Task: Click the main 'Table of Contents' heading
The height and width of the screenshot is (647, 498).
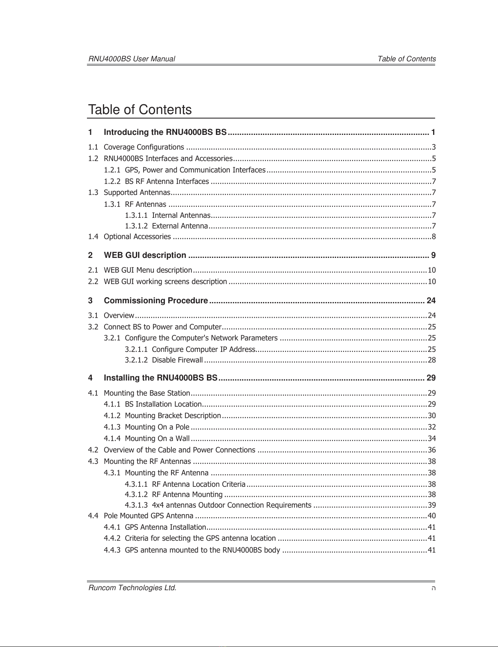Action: tap(140, 110)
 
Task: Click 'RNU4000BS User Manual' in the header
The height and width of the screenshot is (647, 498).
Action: tap(132, 59)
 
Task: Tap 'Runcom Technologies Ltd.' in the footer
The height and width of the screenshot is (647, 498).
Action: tap(133, 588)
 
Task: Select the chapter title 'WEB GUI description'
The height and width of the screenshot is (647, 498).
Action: tap(145, 255)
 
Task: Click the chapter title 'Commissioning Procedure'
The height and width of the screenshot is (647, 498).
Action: tap(156, 301)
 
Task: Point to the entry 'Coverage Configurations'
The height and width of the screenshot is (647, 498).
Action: tap(144, 147)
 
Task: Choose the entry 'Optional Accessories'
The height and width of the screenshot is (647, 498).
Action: tap(137, 237)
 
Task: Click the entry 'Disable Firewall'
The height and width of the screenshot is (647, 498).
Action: tap(177, 360)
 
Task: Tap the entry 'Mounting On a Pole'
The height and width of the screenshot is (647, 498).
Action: tap(157, 427)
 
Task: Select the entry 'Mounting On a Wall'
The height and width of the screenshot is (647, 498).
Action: tap(157, 439)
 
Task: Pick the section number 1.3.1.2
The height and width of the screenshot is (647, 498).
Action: tap(136, 226)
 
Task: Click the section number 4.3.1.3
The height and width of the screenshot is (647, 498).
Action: tap(136, 505)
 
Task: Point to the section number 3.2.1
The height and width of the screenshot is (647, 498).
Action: tap(112, 338)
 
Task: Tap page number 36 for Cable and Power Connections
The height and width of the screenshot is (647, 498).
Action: tap(431, 450)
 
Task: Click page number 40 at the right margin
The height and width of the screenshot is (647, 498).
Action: tap(431, 516)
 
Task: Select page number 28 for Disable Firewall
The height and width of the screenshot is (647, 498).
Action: tap(431, 360)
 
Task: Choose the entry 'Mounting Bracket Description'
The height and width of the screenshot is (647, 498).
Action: tap(173, 416)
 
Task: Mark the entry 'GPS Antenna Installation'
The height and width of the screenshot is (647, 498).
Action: tap(165, 527)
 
